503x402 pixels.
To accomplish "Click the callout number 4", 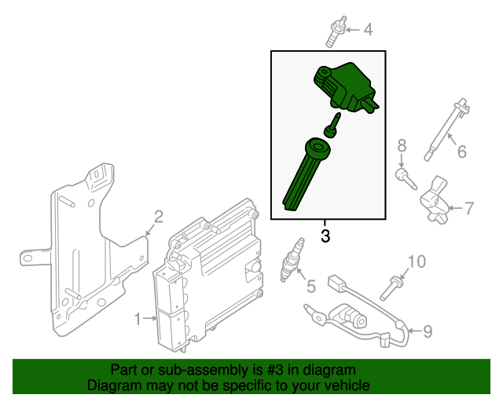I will (x=367, y=31).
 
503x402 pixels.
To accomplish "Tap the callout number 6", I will (x=461, y=151).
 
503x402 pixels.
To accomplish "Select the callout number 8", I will (x=402, y=145).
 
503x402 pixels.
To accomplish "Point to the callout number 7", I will (x=468, y=208).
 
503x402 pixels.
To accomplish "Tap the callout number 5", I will (x=310, y=287).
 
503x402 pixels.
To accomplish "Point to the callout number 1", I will (x=138, y=319).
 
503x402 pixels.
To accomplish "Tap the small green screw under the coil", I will (x=333, y=125).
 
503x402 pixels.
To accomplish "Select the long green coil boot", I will (x=303, y=177).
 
